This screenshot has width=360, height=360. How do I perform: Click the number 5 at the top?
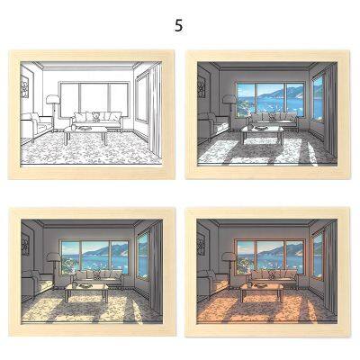tap(178, 26)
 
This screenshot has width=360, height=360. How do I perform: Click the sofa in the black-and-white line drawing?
tap(96, 119)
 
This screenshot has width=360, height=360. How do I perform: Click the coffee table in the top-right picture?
tap(262, 133)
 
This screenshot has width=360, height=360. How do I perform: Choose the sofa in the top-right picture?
tap(269, 119)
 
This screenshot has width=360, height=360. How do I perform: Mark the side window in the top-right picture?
tap(318, 97)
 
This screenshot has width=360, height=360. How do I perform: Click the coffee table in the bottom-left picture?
tap(88, 292)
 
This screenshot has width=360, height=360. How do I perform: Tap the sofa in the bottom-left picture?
tap(95, 277)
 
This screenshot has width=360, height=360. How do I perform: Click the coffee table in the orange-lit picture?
tap(263, 292)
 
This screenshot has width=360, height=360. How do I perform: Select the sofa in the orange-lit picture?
tap(270, 277)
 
